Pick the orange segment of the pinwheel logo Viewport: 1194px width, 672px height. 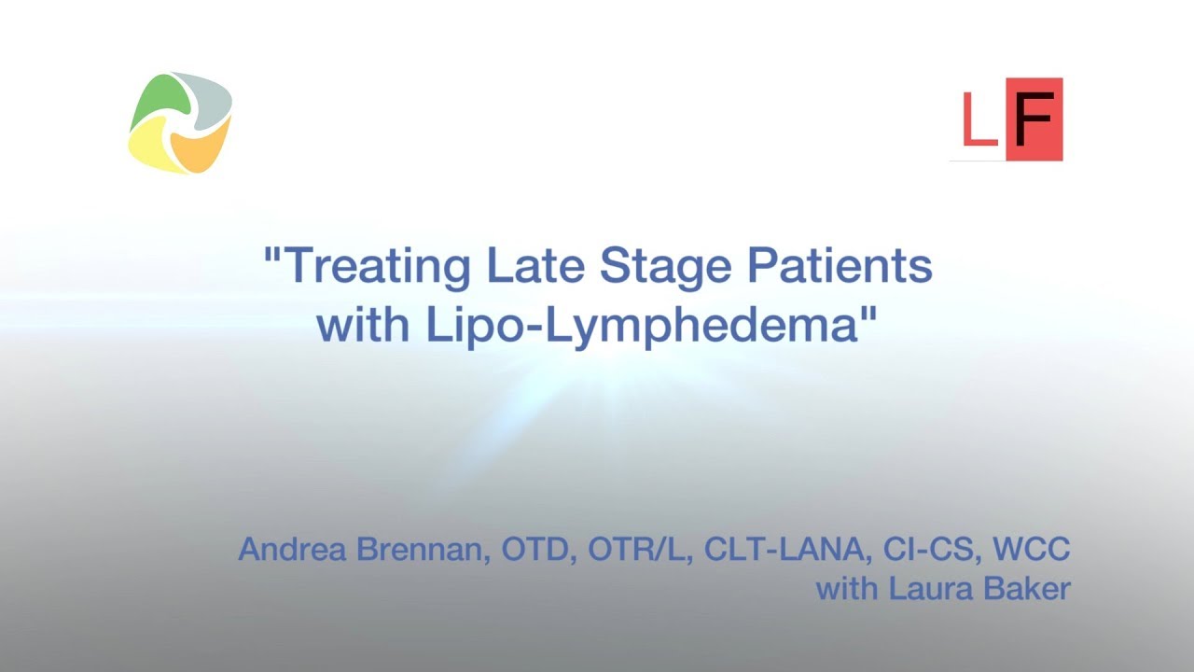[x=199, y=150]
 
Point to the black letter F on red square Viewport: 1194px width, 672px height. [x=1034, y=119]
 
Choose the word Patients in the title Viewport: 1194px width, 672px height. [x=841, y=267]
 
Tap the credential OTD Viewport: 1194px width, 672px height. [x=539, y=549]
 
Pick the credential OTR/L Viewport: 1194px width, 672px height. [x=639, y=549]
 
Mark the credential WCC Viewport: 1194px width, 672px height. [x=1031, y=549]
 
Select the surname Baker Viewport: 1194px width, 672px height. [x=1031, y=589]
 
